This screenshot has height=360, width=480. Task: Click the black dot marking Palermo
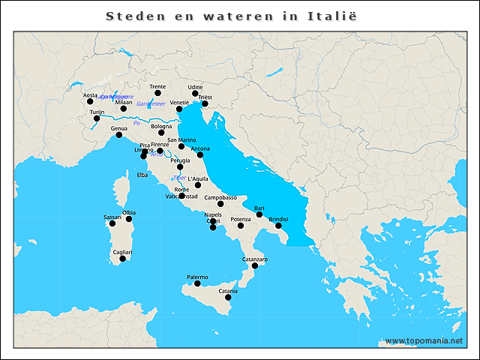pyautogui.click(x=197, y=283)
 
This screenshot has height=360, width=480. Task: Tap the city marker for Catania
pyautogui.click(x=228, y=297)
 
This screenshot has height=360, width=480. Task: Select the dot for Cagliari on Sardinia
pyautogui.click(x=123, y=259)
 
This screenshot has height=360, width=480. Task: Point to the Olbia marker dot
pyautogui.click(x=129, y=219)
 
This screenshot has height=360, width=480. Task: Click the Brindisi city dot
pyautogui.click(x=278, y=225)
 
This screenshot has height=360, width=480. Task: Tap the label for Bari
pyautogui.click(x=259, y=208)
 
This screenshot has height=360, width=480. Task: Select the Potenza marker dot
pyautogui.click(x=241, y=225)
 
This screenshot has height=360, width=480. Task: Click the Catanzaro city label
pyautogui.click(x=255, y=259)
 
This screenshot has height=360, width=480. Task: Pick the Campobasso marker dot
pyautogui.click(x=220, y=203)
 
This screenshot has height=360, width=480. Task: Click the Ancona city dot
pyautogui.click(x=200, y=154)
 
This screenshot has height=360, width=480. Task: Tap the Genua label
pyautogui.click(x=118, y=128)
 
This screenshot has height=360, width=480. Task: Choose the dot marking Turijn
pyautogui.click(x=97, y=118)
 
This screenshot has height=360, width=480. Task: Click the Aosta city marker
pyautogui.click(x=90, y=101)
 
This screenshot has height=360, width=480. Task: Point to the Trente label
pyautogui.click(x=157, y=87)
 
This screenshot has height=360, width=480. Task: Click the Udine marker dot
pyautogui.click(x=195, y=94)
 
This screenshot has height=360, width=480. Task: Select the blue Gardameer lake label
pyautogui.click(x=151, y=103)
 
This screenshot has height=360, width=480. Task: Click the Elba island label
pyautogui.click(x=142, y=175)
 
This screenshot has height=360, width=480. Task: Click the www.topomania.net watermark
pyautogui.click(x=424, y=340)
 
